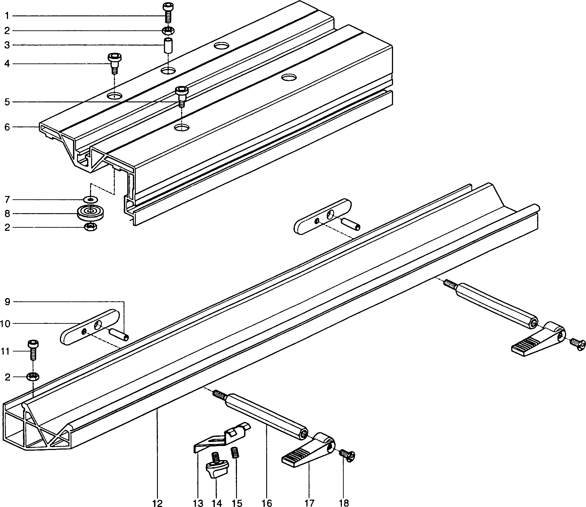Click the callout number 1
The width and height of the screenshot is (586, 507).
(7, 16)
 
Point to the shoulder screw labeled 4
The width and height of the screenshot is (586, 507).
(115, 63)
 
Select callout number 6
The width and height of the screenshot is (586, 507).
(7, 127)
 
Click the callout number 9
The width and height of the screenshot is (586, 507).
(7, 302)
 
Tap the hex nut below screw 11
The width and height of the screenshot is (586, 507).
(33, 377)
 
